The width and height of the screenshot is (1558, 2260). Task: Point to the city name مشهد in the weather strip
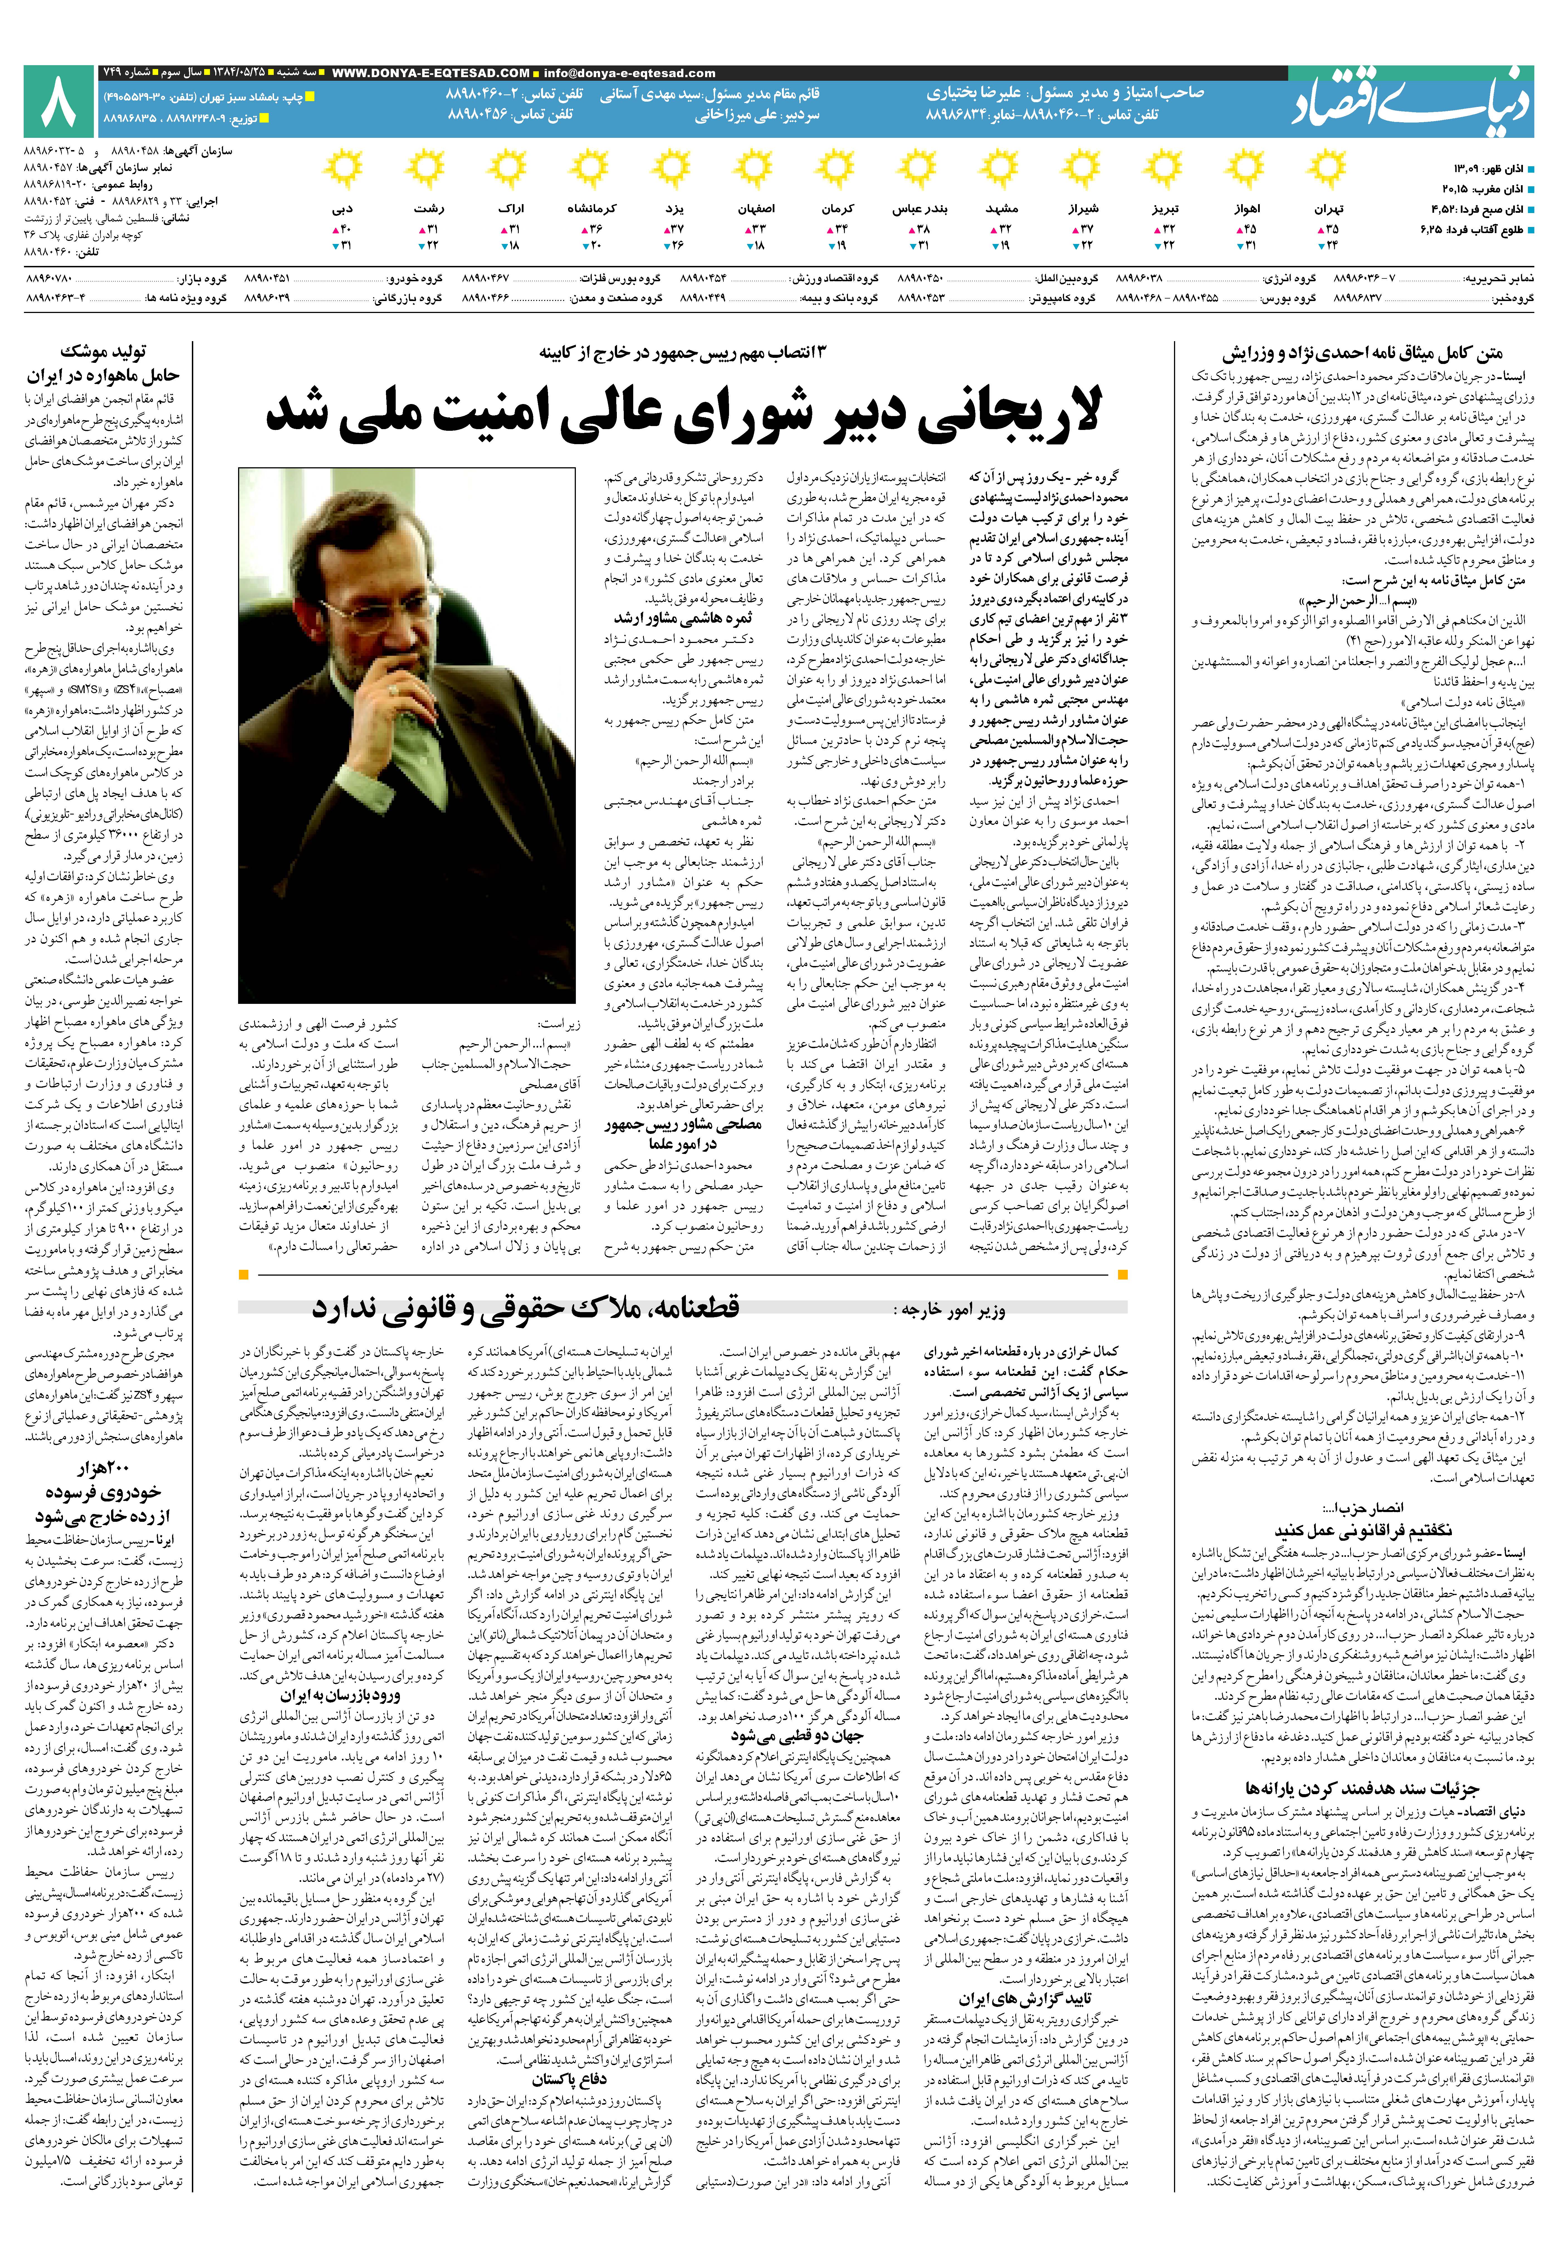tap(1001, 209)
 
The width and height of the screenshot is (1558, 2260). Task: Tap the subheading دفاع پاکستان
tap(569, 2079)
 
